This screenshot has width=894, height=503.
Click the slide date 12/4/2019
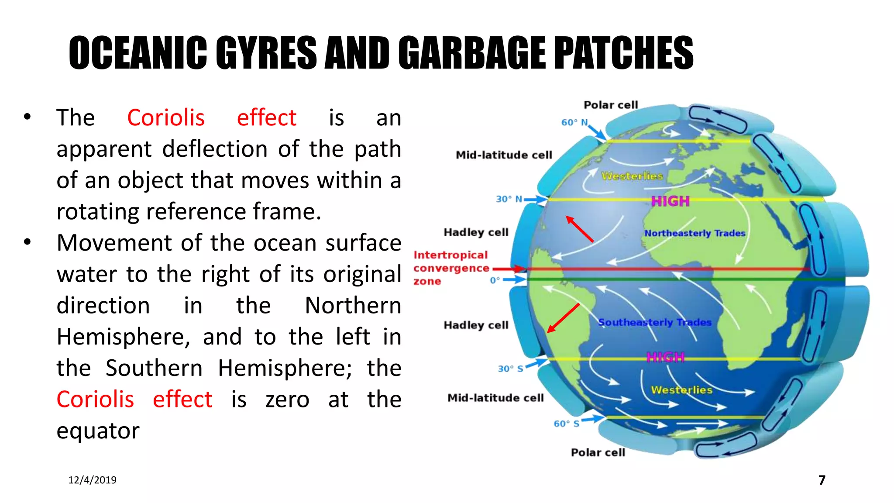(92, 480)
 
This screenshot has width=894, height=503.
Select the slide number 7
(822, 480)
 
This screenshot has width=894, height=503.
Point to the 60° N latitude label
(574, 122)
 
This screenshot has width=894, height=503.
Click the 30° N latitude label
(509, 199)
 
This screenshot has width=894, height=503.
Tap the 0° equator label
(495, 280)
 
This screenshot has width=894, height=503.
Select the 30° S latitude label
(510, 369)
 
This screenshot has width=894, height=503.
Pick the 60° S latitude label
(566, 424)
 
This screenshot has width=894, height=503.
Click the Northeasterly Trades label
(695, 233)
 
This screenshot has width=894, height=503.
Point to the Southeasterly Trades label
(654, 322)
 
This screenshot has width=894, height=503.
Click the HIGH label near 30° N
(670, 201)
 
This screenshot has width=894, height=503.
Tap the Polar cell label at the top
(611, 105)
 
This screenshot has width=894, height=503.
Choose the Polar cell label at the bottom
(598, 452)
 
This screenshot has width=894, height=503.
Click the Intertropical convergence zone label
(450, 268)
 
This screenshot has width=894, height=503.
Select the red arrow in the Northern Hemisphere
(580, 229)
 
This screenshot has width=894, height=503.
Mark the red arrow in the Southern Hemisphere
(564, 318)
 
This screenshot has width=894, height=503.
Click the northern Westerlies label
(632, 176)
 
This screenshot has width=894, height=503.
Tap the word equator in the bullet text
(98, 431)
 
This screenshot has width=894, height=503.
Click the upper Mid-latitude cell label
(504, 155)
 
